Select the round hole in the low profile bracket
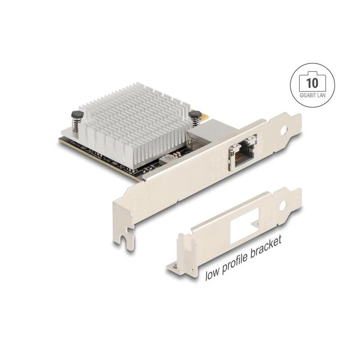pyautogui.click(x=283, y=204)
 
